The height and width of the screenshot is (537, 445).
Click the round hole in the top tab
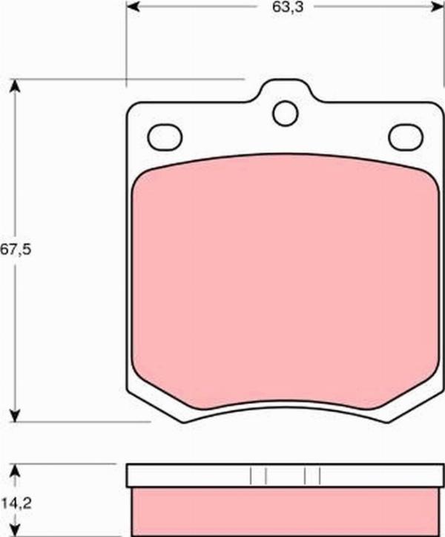285,113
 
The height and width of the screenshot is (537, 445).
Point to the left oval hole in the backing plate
165,137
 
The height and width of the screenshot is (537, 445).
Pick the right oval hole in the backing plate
405,137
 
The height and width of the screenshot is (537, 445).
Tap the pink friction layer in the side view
285,511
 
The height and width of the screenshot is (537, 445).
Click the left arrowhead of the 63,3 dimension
134,7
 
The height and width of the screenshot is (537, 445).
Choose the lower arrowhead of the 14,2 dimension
13,530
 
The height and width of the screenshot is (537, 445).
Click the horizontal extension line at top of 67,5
126,78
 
